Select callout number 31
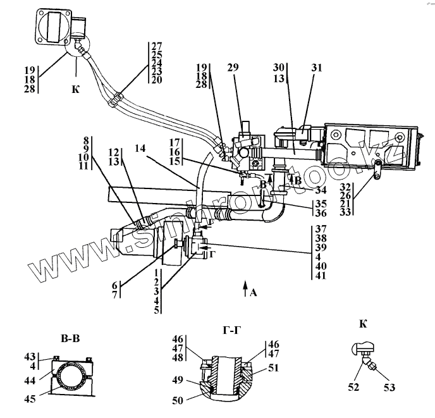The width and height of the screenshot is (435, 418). [316, 67]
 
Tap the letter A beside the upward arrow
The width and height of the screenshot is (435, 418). [254, 292]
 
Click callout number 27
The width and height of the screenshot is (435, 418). [157, 45]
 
